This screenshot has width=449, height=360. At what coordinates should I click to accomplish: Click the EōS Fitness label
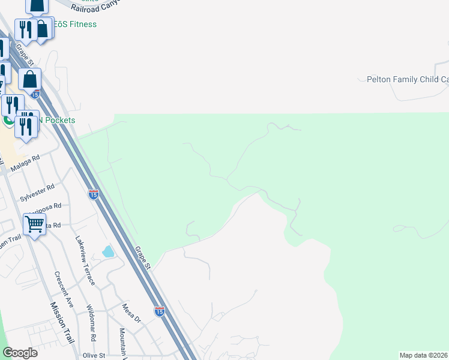pos(74,24)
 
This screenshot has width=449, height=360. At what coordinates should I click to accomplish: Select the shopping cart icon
pos(35,225)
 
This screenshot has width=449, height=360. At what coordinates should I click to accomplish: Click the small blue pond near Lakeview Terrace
pos(108,251)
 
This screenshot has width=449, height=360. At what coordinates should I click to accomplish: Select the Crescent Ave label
pos(64,290)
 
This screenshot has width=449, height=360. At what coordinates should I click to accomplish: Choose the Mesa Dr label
pos(130,313)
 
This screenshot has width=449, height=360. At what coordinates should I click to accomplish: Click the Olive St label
pos(94,355)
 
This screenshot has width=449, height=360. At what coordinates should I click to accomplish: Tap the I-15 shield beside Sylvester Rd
pos(93,194)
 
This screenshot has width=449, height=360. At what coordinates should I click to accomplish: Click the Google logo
pos(20,352)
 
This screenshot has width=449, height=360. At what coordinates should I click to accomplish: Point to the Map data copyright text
pos(424,355)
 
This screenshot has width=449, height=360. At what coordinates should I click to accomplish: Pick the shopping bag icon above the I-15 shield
pos(29,79)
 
